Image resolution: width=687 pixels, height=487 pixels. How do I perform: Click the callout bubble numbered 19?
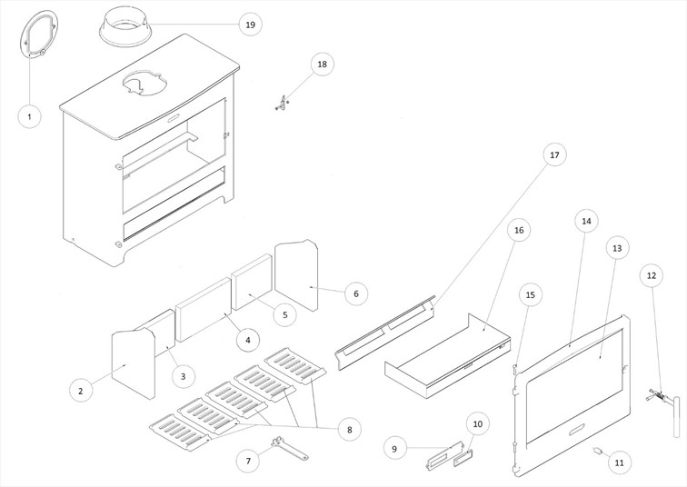pos(250,25)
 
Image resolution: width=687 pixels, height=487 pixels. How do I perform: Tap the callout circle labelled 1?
pos(29,116)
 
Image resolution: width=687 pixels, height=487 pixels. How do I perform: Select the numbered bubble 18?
pos(322,64)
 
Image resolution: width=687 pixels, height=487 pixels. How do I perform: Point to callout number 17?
pos(554,155)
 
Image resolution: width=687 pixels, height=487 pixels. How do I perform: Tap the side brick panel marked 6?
pos(296,276)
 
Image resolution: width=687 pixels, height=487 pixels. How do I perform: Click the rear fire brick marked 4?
pos(204,313)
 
